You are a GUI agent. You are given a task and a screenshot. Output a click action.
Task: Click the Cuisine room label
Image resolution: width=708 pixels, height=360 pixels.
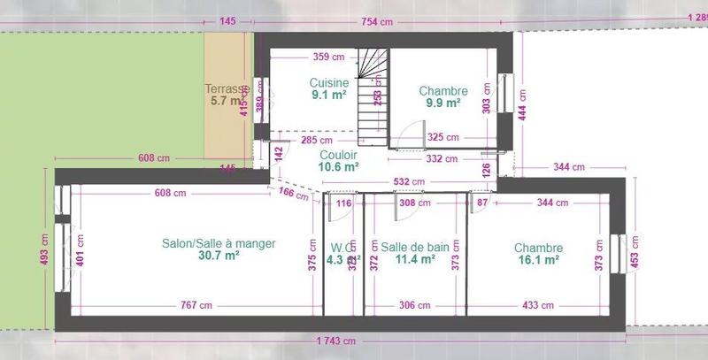click(327, 83)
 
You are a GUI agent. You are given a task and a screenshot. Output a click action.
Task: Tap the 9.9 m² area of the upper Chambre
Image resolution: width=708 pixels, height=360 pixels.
click(443, 103)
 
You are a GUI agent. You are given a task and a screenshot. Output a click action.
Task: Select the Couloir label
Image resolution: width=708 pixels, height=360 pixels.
click(339, 153)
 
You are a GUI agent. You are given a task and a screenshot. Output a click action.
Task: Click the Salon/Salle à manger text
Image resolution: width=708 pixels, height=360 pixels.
click(219, 244)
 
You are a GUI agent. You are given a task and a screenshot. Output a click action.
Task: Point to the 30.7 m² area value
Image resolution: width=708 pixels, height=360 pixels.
click(219, 257)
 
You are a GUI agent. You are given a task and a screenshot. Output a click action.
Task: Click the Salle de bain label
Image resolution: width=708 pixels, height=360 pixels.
click(415, 247)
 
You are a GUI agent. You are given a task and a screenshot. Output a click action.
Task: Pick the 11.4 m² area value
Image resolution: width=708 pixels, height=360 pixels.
click(415, 259)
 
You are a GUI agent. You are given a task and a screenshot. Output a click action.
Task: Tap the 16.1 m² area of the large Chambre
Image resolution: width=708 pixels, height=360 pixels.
click(538, 260)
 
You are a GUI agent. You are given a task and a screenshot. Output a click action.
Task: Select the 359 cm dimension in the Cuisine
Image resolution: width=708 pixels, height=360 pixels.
click(329, 57)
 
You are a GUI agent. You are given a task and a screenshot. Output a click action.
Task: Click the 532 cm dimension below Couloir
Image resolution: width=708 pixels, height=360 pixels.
click(408, 182)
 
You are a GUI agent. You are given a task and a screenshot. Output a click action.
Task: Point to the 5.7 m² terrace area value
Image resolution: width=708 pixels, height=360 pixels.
click(224, 101)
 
